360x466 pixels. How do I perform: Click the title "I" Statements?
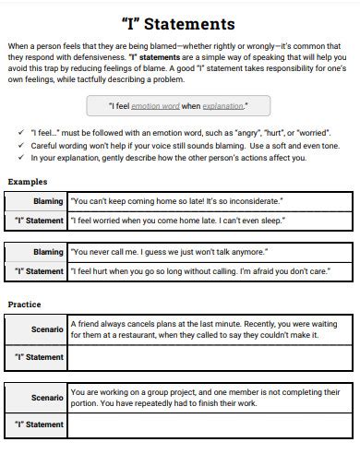pos(178,23)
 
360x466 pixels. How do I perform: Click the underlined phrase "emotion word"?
pos(155,107)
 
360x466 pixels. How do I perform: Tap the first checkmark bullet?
pos(21,133)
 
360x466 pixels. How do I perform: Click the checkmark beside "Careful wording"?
pos(21,146)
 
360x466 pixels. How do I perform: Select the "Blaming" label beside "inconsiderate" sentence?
pos(48,201)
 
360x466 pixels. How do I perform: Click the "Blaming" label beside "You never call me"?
pos(48,252)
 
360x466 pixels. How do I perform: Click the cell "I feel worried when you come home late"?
pos(179,221)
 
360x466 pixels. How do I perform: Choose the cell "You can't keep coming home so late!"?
pos(177,201)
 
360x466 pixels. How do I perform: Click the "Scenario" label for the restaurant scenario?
pos(46,329)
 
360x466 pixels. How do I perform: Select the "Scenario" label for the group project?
pos(46,398)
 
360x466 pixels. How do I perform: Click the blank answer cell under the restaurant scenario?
pos(210,357)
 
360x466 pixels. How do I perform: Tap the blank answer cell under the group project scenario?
pos(210,425)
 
